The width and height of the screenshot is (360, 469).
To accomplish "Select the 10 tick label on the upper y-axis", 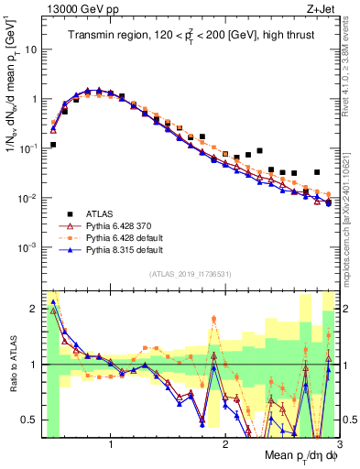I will point(30,49).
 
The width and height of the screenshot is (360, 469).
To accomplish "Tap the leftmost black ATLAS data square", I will point(53,145).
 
